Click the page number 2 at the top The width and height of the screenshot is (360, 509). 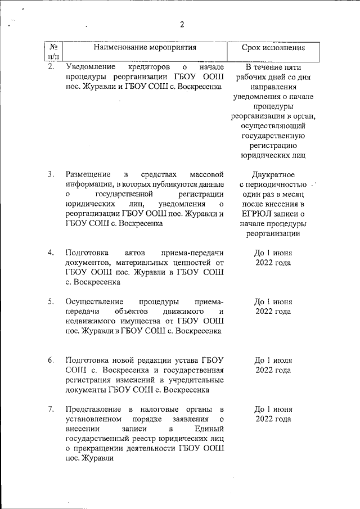[x=182, y=24]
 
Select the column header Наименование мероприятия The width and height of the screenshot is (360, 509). [x=145, y=48]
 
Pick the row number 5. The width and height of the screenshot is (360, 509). [x=51, y=301]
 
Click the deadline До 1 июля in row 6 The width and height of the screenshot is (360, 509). [x=273, y=360]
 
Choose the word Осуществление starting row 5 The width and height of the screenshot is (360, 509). [x=94, y=301]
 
